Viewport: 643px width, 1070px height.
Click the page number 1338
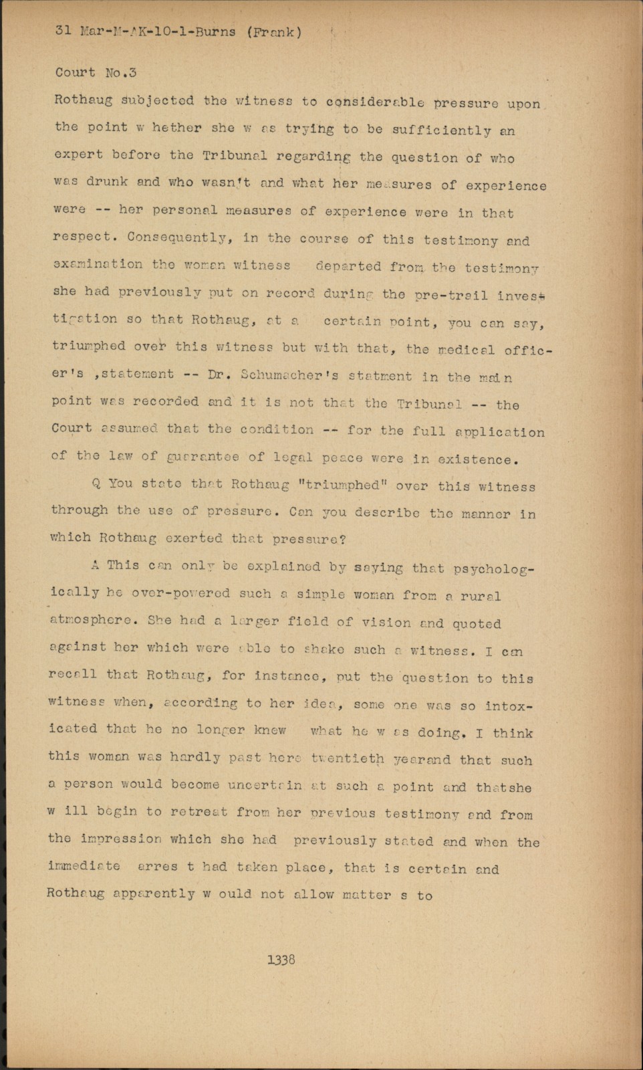point(281,960)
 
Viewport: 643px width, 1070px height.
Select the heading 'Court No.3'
point(96,72)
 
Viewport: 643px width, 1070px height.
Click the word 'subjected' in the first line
point(158,101)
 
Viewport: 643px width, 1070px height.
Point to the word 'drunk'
point(107,182)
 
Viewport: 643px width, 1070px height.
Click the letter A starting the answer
point(95,565)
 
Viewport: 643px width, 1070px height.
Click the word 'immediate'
point(84,866)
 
